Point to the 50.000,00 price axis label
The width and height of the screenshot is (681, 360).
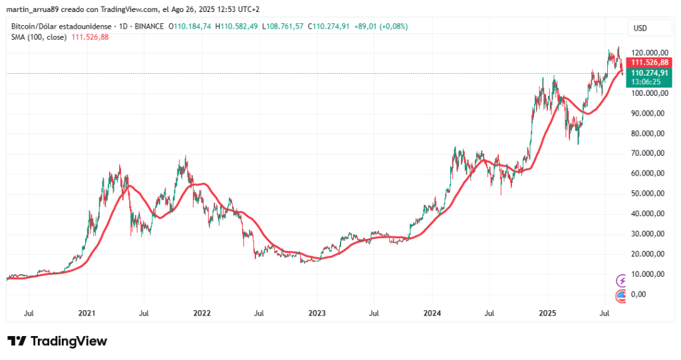650,194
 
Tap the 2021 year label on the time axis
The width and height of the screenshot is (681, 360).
88,313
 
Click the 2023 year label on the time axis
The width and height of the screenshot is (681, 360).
317,313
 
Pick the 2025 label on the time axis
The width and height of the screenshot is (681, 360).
547,313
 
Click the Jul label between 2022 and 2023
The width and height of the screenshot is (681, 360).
259,313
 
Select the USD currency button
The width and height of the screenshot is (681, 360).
641,28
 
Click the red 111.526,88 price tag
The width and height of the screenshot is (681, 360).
649,62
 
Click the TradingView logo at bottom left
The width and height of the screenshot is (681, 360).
57,341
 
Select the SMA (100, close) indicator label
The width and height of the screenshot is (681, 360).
39,37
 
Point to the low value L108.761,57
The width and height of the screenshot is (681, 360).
283,26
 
